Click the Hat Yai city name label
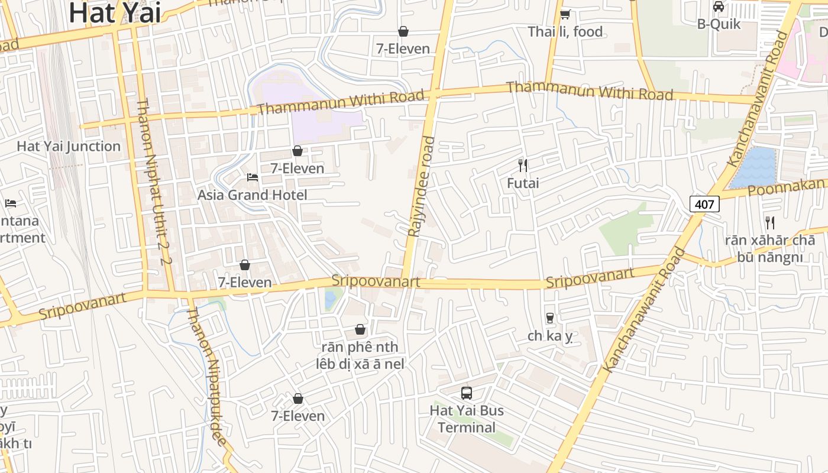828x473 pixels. [115, 13]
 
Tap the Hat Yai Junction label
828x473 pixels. [69, 146]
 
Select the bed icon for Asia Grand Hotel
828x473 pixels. [253, 177]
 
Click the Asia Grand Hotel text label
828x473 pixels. [253, 195]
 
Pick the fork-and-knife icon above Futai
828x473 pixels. [523, 165]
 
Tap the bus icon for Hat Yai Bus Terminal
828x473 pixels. [467, 393]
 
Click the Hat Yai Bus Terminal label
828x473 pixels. [467, 419]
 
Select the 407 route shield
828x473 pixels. [704, 205]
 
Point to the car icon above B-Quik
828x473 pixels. [719, 7]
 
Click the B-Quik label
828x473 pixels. [719, 24]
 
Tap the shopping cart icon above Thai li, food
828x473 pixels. [565, 14]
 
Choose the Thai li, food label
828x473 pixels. [565, 31]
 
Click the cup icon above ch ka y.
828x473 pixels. [550, 318]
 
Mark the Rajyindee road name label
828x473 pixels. [421, 186]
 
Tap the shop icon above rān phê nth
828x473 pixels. [360, 329]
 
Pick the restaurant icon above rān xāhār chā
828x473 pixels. [770, 223]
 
